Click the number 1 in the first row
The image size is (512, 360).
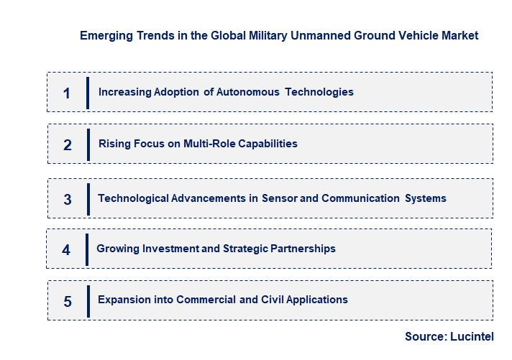(x=67, y=93)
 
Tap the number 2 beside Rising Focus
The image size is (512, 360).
(x=68, y=144)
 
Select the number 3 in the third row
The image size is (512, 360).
(x=68, y=199)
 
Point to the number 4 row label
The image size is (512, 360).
(x=66, y=250)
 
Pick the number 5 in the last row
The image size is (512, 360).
(x=68, y=301)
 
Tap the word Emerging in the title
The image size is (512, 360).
(x=105, y=35)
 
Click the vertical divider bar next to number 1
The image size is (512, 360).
(x=88, y=93)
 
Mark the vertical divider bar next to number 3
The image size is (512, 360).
(x=88, y=198)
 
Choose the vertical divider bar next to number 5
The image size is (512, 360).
(x=88, y=301)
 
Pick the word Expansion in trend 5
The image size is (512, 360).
(x=124, y=300)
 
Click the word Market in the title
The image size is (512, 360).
(x=460, y=35)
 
